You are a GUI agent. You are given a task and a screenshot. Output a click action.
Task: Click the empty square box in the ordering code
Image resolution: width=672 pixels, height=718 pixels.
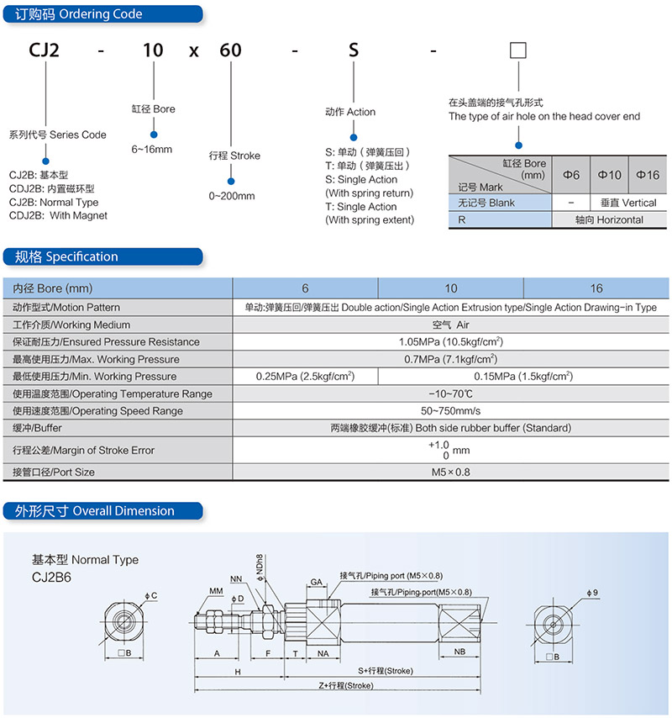[517, 50]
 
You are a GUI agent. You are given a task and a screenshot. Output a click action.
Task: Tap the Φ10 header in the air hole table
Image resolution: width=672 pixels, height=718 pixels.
[609, 175]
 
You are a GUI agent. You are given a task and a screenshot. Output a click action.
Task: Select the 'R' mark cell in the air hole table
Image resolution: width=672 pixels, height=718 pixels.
[500, 219]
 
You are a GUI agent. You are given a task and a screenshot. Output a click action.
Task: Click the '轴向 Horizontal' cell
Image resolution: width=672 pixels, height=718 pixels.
[609, 219]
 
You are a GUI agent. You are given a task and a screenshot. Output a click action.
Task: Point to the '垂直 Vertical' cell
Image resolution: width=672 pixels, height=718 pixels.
[628, 203]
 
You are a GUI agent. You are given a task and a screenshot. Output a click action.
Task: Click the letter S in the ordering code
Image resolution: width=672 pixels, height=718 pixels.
[353, 50]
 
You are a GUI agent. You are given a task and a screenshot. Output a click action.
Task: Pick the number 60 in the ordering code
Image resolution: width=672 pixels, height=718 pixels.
[230, 50]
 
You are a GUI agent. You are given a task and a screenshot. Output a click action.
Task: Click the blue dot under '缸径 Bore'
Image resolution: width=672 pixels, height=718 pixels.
[154, 135]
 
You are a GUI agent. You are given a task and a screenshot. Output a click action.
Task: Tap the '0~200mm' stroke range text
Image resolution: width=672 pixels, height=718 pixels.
[232, 196]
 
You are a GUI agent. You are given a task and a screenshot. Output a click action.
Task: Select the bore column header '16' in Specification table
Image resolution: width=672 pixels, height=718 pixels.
[596, 288]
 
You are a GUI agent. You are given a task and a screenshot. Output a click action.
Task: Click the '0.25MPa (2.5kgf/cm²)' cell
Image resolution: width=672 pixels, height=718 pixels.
[305, 377]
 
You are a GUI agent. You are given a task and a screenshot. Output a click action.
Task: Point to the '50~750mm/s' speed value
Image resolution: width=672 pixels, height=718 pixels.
[450, 411]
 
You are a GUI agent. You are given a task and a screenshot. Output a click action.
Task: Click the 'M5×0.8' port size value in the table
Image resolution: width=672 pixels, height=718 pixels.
[450, 473]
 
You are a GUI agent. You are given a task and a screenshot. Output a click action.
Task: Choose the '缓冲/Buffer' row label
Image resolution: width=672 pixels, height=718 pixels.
[37, 428]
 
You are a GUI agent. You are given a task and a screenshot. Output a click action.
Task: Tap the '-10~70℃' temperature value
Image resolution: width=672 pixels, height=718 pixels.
[450, 393]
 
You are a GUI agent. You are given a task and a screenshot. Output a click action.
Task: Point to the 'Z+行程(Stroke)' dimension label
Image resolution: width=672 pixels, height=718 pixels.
[346, 685]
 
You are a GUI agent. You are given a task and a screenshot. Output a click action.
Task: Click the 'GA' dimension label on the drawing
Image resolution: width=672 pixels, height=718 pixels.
[317, 582]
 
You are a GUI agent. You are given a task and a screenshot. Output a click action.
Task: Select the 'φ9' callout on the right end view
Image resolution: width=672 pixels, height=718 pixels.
[592, 593]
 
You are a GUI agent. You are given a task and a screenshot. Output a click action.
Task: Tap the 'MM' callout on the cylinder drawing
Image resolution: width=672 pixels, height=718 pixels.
[216, 591]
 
